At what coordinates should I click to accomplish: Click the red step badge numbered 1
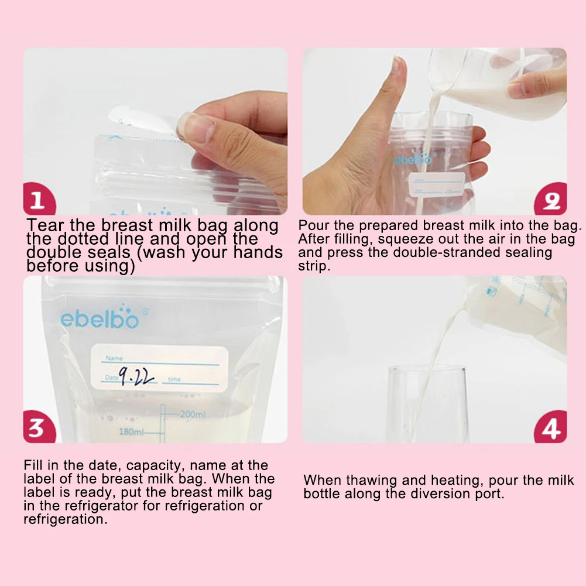(39, 199)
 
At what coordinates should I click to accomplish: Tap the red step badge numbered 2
(550, 199)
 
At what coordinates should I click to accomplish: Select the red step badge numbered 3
(39, 427)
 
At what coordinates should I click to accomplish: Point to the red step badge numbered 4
(550, 427)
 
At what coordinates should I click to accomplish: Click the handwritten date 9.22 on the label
(136, 376)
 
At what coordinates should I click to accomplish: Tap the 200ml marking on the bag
(193, 414)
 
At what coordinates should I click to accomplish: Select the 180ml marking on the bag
(131, 432)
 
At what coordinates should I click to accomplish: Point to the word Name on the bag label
(114, 358)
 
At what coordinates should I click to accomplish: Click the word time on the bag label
(174, 379)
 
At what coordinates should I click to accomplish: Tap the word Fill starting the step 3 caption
(33, 465)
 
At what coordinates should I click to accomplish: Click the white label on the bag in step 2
(437, 184)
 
